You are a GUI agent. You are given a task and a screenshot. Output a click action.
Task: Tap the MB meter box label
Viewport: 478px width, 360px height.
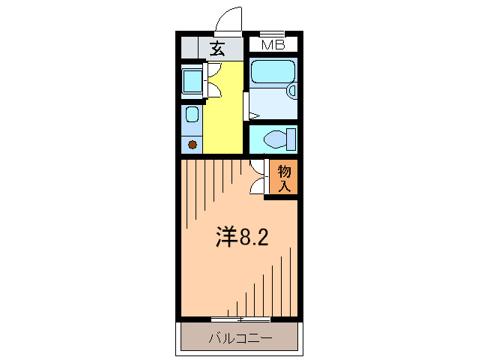[273, 46]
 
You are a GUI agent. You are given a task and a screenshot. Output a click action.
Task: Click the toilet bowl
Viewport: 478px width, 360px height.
[276, 139]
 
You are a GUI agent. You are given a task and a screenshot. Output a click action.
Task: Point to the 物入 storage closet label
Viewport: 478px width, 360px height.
[285, 178]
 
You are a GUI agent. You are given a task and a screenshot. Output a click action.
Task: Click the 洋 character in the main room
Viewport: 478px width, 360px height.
[227, 237]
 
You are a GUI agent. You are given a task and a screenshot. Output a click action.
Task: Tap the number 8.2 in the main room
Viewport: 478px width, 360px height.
[254, 237]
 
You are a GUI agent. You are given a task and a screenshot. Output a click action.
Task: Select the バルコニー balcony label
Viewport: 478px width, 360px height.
[239, 338]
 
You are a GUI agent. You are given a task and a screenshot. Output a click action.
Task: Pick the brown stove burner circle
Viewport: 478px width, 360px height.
[192, 144]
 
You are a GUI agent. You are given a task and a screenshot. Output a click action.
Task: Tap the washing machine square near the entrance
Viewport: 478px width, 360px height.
[193, 80]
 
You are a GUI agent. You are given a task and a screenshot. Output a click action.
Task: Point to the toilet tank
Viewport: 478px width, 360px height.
[291, 139]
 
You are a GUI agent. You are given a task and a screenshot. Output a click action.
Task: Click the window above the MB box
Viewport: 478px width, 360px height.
[273, 34]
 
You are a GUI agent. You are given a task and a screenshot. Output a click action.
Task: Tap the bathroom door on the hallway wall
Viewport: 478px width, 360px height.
[247, 105]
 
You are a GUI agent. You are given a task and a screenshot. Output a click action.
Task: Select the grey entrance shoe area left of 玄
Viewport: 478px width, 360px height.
[194, 48]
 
